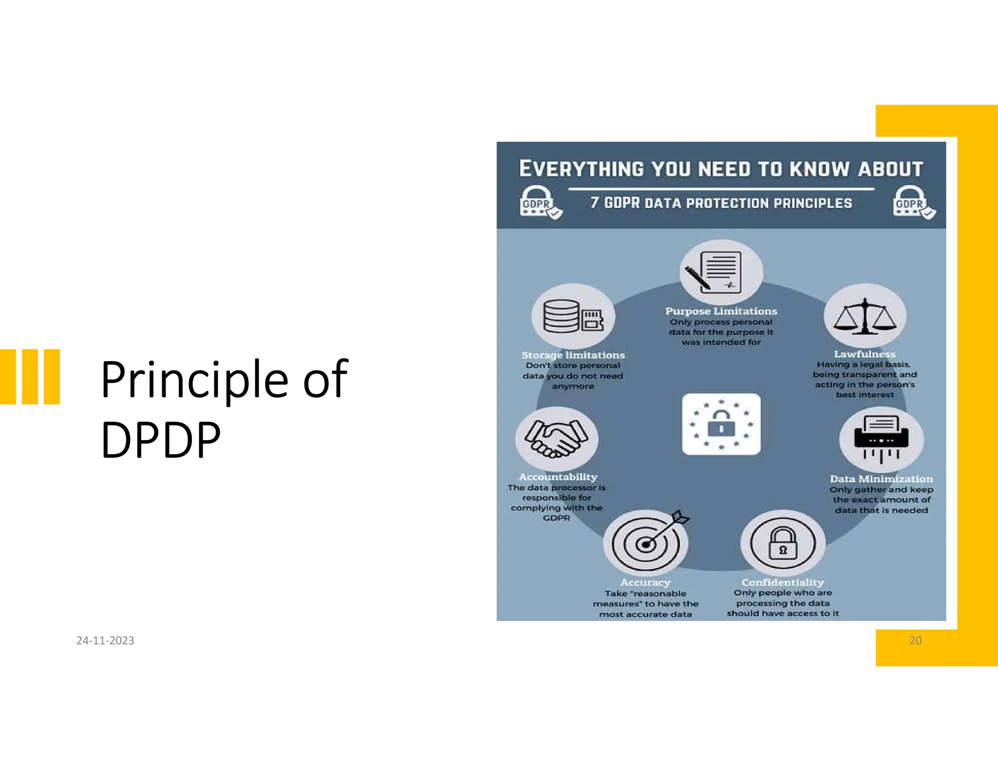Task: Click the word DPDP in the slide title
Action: [161, 440]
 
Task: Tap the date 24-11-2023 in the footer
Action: [105, 640]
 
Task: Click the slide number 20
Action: [915, 640]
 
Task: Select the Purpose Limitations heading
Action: [721, 311]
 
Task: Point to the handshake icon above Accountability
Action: [556, 438]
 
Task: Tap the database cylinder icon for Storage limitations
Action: [562, 316]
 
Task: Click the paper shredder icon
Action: [881, 438]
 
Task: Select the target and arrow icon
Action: [647, 542]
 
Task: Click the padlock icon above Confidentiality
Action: [783, 543]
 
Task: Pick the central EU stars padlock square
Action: [721, 424]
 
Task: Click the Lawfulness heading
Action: [865, 354]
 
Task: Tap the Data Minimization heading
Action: [881, 479]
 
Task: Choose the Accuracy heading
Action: [645, 582]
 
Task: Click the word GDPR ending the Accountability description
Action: [556, 518]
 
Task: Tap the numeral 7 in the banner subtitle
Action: [594, 202]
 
